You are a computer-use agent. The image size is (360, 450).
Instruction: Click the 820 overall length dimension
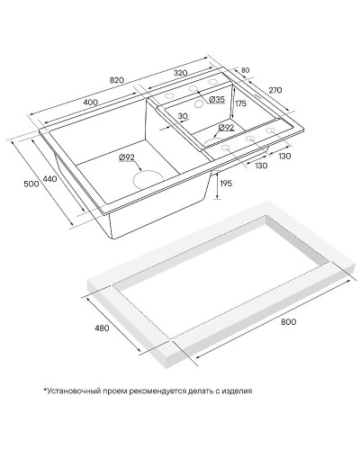coord(117,80)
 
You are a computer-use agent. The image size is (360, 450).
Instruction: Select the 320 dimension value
coord(180,73)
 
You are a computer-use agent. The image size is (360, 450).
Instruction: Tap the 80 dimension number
coord(245,70)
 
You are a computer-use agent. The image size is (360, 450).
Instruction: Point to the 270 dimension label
coord(274,90)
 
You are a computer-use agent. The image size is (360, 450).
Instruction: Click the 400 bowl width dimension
coord(91,103)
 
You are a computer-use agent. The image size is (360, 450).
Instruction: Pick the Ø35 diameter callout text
coord(216,99)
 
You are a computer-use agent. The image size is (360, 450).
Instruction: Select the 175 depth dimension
coord(240,103)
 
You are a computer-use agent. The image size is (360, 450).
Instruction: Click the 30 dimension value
coord(183,116)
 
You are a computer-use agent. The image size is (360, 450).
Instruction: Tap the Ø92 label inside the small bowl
coord(226,128)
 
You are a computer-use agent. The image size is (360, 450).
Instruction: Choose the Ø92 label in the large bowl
coord(127,157)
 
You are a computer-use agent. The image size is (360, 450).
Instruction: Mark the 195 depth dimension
coord(226,184)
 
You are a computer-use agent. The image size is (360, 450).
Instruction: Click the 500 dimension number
coord(31,184)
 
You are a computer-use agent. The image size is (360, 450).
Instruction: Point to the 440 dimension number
coord(49,179)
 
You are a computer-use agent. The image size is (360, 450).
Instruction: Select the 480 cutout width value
coord(102,328)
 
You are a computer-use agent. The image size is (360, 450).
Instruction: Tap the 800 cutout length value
coord(289,322)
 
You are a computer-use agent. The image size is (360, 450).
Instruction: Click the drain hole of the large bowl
coord(148,180)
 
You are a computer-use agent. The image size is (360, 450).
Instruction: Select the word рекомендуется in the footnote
coord(156,391)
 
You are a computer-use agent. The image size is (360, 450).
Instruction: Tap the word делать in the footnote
coord(195,391)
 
